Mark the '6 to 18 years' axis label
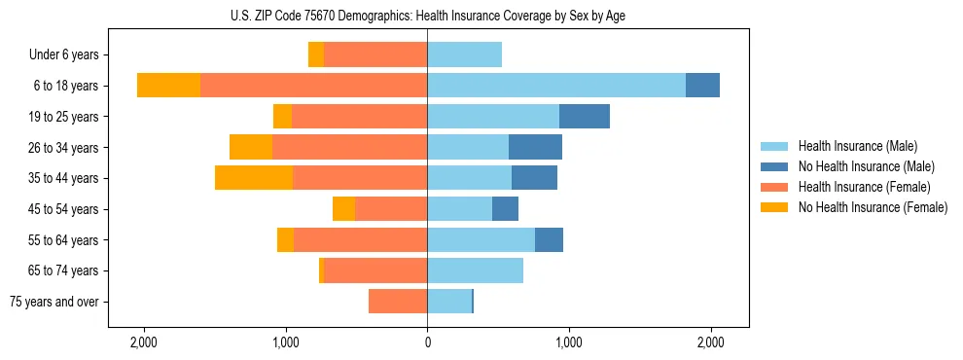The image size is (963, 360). point(65,86)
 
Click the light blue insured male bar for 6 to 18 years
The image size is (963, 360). point(556,86)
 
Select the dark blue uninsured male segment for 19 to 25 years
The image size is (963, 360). point(585,117)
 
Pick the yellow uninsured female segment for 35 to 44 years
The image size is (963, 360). point(254,178)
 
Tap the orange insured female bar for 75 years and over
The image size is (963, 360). point(398,302)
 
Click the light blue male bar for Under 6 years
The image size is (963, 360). point(464,54)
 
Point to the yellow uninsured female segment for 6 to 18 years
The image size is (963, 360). point(168,86)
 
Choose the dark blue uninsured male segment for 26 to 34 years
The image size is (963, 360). point(535,147)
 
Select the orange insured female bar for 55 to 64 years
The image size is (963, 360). point(360,239)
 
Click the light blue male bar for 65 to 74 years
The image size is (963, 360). point(475,270)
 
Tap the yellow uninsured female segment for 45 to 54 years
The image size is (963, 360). point(343,209)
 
